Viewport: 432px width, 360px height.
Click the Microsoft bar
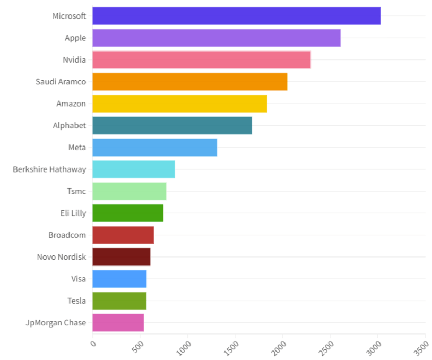(x=236, y=16)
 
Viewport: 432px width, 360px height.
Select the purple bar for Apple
(x=216, y=38)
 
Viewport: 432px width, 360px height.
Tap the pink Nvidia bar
(x=201, y=59)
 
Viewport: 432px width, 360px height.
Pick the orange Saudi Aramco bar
(x=189, y=82)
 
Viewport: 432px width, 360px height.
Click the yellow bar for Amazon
(x=179, y=104)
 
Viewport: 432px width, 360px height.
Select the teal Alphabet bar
(x=172, y=125)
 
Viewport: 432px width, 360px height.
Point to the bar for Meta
(x=154, y=147)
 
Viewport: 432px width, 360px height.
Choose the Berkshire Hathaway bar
(x=133, y=169)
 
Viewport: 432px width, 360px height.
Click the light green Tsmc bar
(x=129, y=191)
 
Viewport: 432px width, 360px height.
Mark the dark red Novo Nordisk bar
(x=121, y=257)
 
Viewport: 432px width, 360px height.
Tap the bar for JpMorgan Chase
(x=118, y=323)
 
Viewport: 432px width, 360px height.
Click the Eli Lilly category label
(x=73, y=213)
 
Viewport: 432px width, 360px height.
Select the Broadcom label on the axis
(x=67, y=235)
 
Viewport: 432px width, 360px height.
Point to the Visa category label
(x=78, y=279)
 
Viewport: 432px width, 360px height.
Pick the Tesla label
(x=76, y=301)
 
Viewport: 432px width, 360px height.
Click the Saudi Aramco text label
(x=61, y=82)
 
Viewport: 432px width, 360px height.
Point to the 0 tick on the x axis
(x=93, y=344)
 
